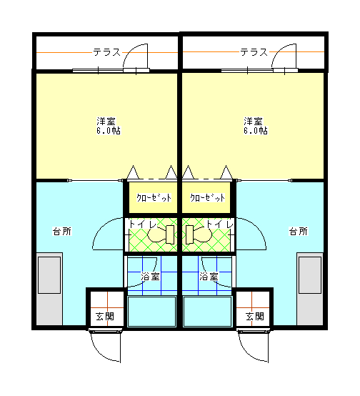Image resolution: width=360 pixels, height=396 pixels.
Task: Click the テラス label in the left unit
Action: point(107,52)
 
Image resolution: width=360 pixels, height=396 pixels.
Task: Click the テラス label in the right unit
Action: point(254,52)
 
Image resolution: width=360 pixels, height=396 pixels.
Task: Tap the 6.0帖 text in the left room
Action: point(109,131)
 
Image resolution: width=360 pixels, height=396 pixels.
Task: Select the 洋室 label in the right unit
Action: point(253,122)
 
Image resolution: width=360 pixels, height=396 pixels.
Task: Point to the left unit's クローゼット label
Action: point(154,197)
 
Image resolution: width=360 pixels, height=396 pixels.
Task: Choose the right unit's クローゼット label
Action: point(208,197)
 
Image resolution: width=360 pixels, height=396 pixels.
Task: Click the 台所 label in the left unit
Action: point(62,231)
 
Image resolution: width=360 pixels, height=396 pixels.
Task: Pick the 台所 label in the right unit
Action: point(299,231)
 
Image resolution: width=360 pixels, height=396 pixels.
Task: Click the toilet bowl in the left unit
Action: point(161,234)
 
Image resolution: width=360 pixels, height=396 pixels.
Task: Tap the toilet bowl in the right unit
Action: point(199,234)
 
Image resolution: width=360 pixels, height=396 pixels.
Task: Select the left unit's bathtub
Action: point(151,312)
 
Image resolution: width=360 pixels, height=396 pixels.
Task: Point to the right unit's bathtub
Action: point(208,312)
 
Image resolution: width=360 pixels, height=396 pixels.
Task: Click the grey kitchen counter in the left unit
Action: point(49,289)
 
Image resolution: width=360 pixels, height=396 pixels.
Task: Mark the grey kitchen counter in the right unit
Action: point(310,289)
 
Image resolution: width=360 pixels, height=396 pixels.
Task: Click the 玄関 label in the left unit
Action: point(105,316)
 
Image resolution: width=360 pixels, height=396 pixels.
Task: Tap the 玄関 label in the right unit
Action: point(255,316)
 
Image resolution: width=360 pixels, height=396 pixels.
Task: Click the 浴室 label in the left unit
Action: point(150,277)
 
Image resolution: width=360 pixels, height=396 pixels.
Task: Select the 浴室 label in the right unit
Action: point(209,277)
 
